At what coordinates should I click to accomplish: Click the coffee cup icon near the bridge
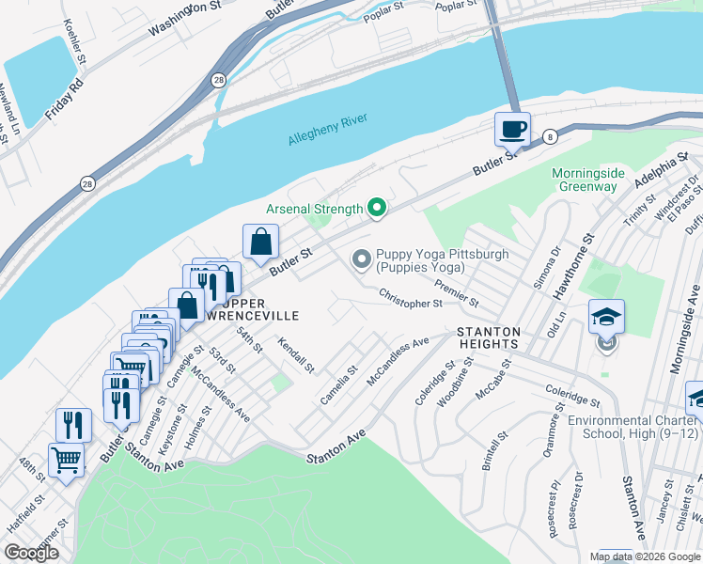tap(512, 130)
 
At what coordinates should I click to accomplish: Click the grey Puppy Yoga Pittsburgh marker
tap(361, 258)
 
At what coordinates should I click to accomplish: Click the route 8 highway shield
tap(550, 137)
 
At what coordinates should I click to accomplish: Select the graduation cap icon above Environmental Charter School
tap(606, 318)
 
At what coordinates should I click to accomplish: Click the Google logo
tap(32, 553)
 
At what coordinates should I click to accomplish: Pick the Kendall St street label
tap(295, 354)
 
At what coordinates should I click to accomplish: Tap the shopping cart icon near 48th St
tap(67, 461)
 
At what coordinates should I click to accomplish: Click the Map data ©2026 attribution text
tap(645, 556)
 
